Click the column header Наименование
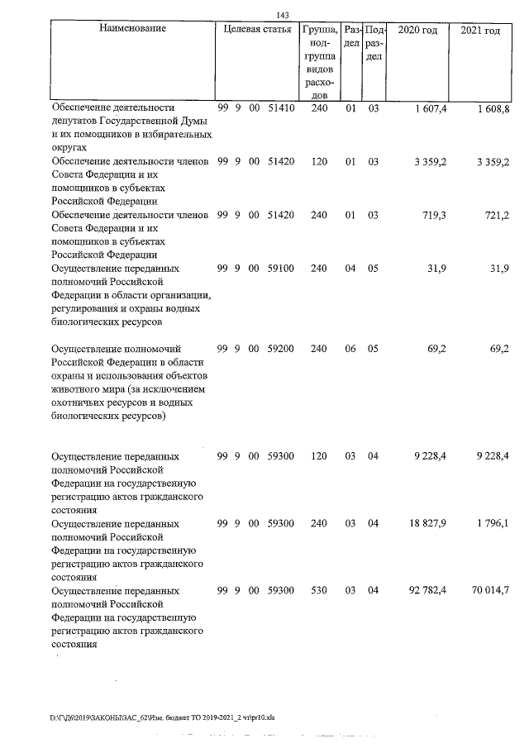pyautogui.click(x=132, y=30)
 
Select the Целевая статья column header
pyautogui.click(x=257, y=30)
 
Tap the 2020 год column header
pyautogui.click(x=417, y=30)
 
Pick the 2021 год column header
pyautogui.click(x=481, y=30)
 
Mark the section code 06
pyautogui.click(x=350, y=349)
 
